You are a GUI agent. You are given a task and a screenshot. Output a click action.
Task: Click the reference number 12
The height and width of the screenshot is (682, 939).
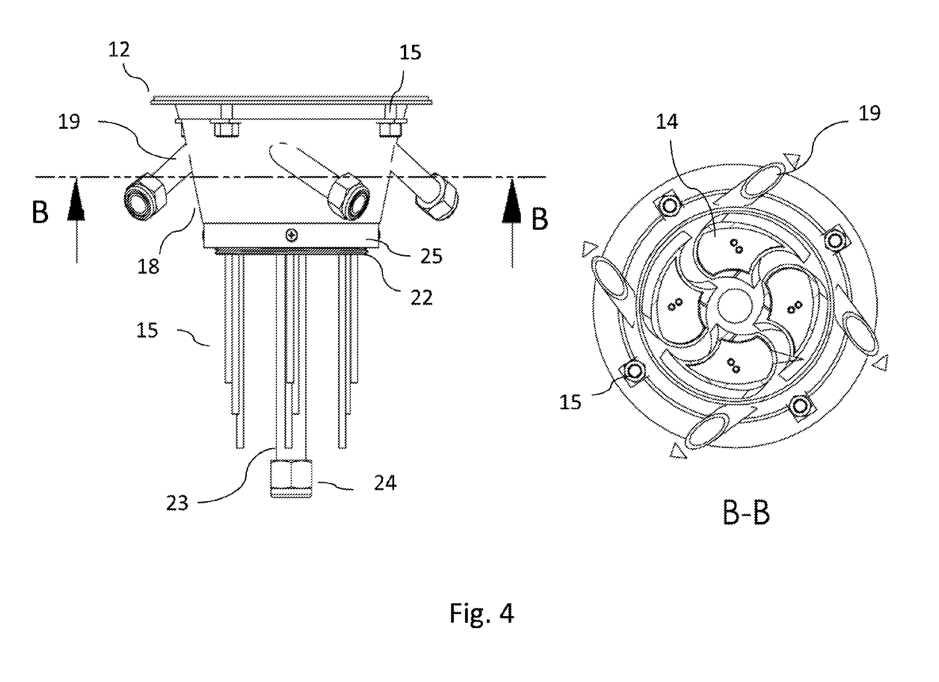[x=119, y=50]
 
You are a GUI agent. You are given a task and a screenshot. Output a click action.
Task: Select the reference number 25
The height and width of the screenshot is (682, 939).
[x=431, y=256]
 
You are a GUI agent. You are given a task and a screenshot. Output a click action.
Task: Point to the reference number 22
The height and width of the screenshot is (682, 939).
[x=422, y=297]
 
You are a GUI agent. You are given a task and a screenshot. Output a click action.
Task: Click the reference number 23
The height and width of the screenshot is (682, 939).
[x=177, y=503]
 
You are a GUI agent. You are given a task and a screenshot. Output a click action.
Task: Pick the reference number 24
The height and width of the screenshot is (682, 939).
[x=385, y=483]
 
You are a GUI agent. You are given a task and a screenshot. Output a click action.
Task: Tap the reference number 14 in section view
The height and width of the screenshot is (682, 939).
[x=667, y=122]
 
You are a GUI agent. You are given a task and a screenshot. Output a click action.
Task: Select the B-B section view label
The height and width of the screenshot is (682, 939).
[x=746, y=513]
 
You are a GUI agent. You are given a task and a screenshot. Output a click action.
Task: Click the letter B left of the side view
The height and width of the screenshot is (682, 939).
[x=40, y=213]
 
